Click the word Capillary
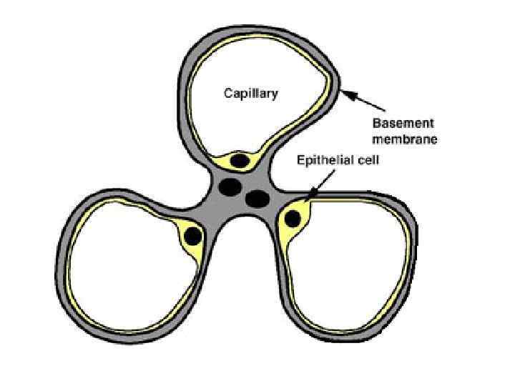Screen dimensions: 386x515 pos(250,94)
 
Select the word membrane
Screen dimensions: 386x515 pos(405,139)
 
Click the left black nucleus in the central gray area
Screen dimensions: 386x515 pos(230,187)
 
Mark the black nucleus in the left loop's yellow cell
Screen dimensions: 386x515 pos(191,235)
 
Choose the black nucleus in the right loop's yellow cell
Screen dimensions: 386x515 pos(292,219)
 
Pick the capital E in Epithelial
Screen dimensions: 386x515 pos(300,161)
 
